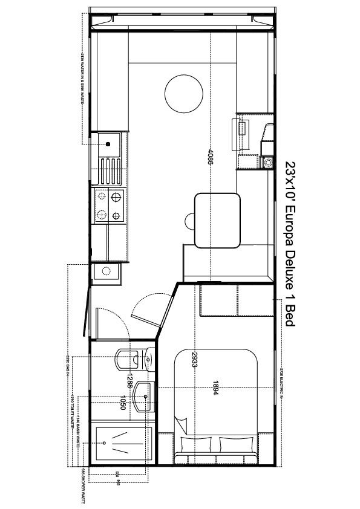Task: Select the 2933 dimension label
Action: tap(195, 361)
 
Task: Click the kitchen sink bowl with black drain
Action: tap(108, 144)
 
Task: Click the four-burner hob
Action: tap(108, 206)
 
